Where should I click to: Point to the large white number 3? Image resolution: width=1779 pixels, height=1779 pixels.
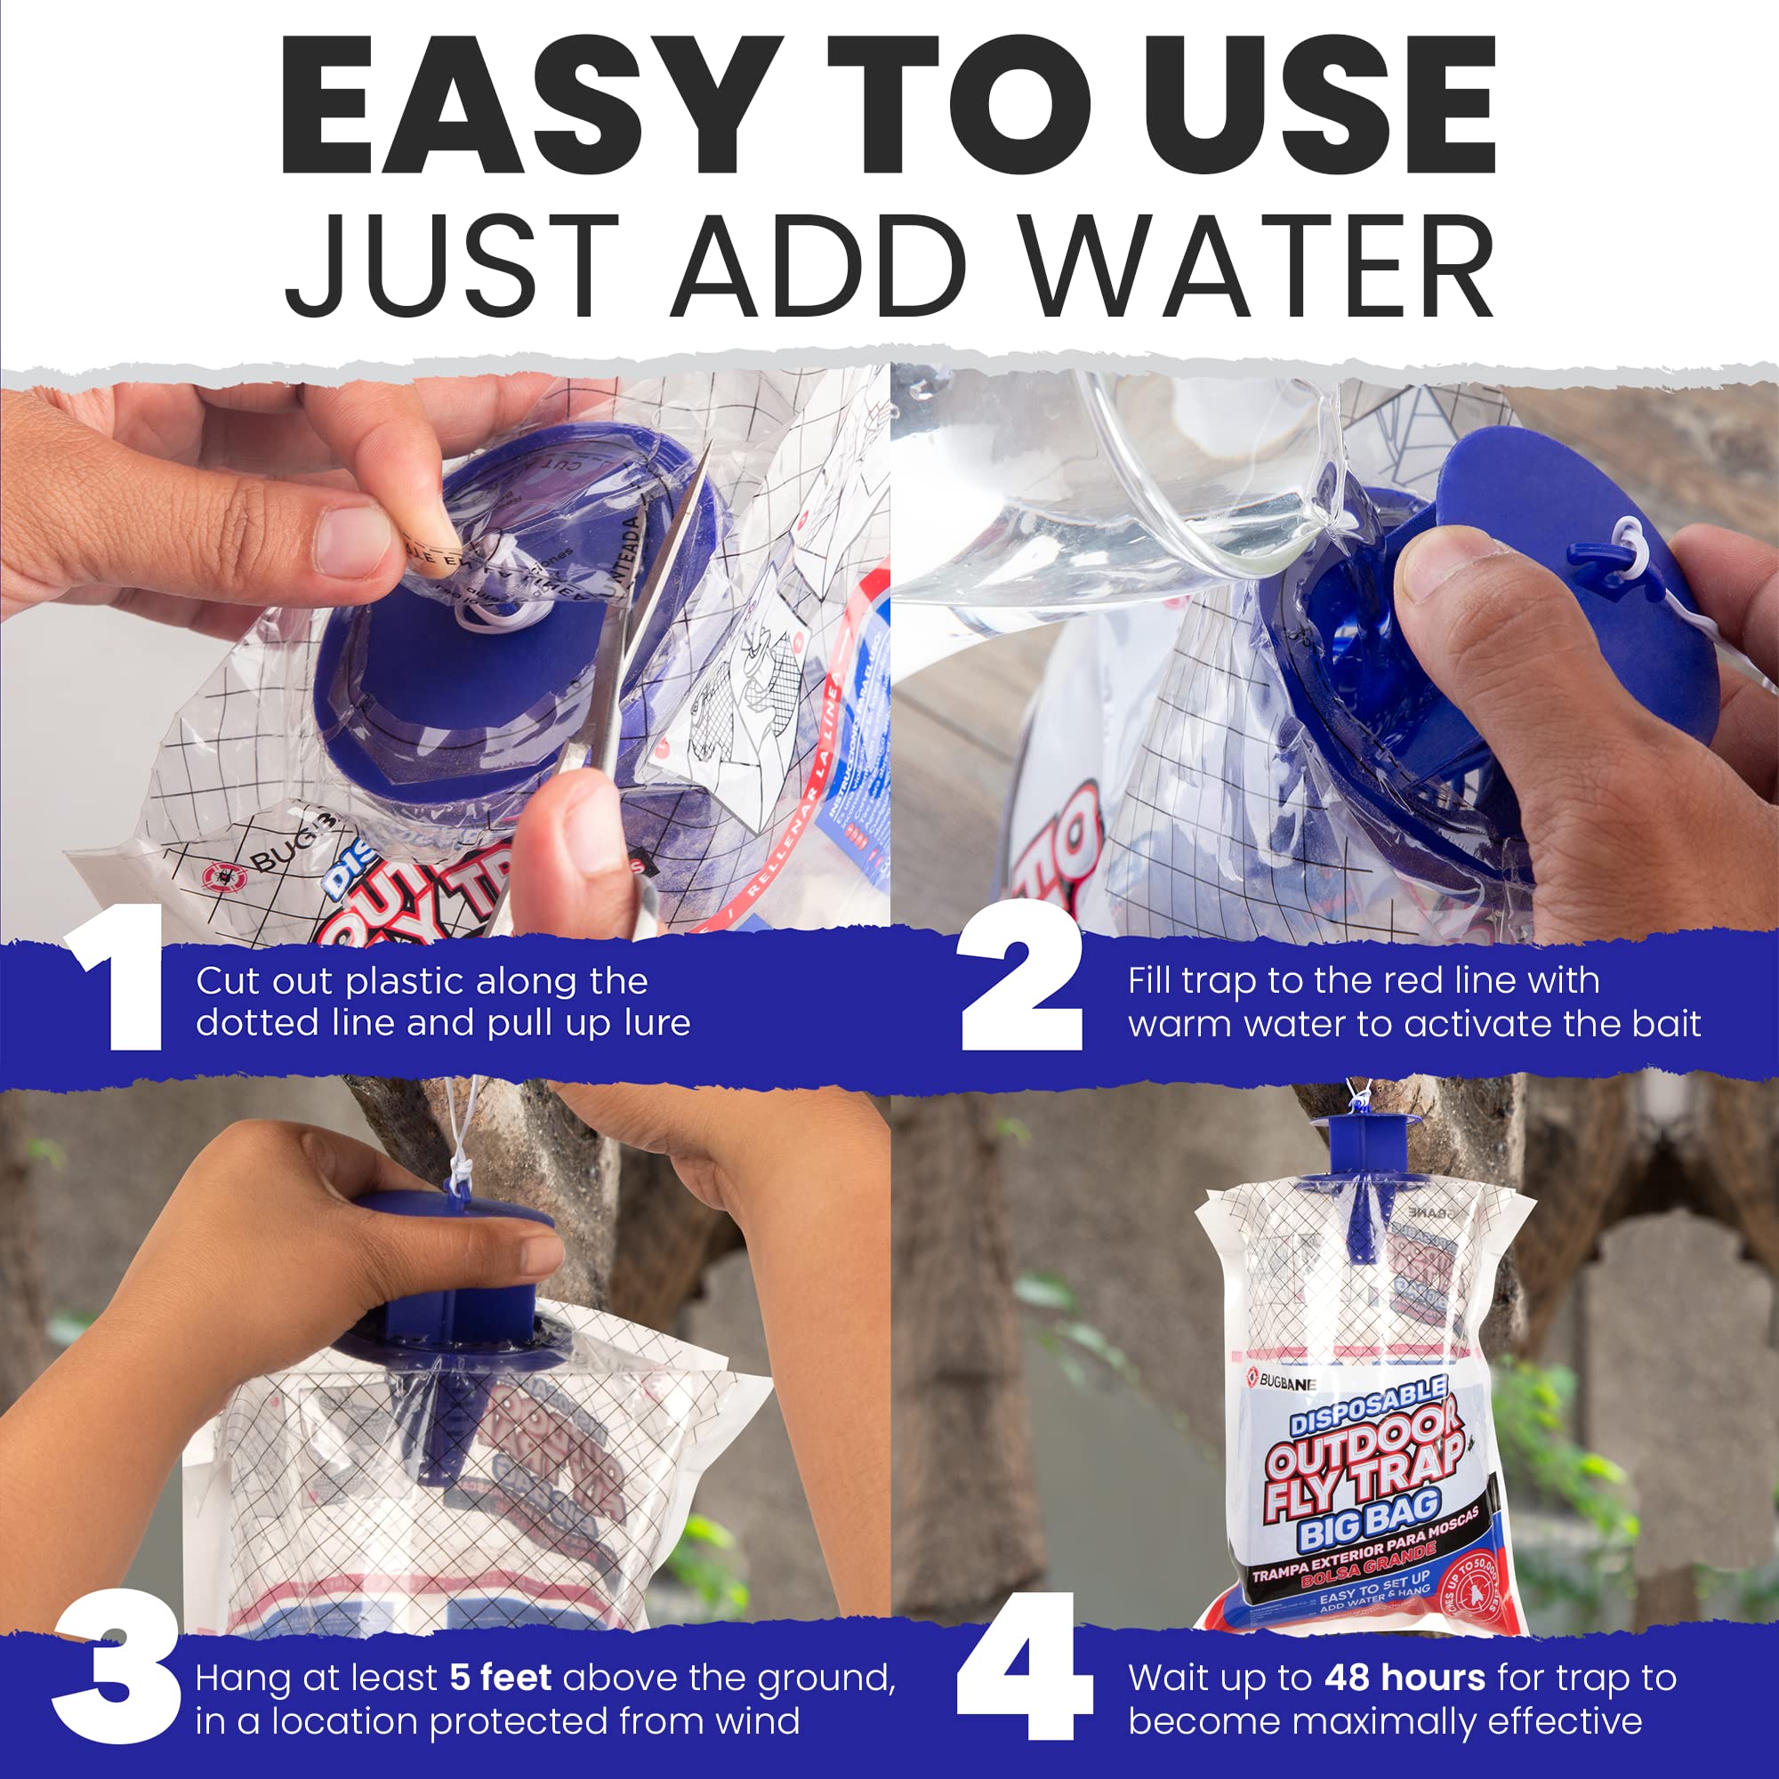click(x=114, y=1667)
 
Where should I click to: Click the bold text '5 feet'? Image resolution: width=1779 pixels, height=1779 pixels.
click(x=500, y=1678)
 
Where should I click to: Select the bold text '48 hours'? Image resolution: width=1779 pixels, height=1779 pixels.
click(x=1405, y=1678)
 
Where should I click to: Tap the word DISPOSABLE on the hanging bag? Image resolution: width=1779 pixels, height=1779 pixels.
click(x=1368, y=1407)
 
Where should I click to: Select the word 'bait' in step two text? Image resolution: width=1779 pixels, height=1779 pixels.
click(x=1666, y=1024)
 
